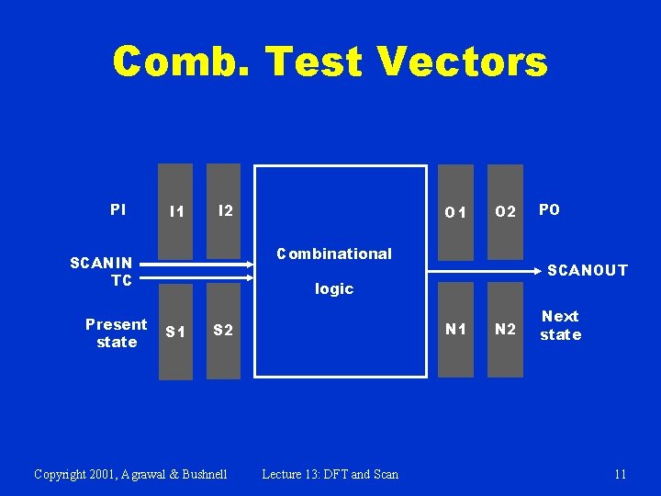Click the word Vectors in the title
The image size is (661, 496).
click(x=462, y=62)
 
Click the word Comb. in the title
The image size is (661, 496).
click(x=183, y=62)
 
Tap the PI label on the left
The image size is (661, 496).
click(x=118, y=210)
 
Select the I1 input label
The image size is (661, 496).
click(x=176, y=212)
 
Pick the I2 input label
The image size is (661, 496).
click(x=225, y=210)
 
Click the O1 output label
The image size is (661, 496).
click(x=455, y=212)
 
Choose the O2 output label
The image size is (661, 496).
click(x=505, y=212)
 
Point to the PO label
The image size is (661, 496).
click(x=549, y=210)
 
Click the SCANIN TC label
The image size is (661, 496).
click(x=102, y=272)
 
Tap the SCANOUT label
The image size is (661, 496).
click(x=588, y=270)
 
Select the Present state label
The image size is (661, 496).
click(x=116, y=333)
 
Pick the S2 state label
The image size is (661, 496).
click(x=223, y=330)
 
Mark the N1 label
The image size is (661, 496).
click(x=455, y=329)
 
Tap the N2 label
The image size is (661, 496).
click(x=505, y=330)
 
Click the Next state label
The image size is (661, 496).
click(x=560, y=325)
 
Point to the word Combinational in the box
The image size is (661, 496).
click(x=334, y=254)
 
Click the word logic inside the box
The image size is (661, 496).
click(x=334, y=288)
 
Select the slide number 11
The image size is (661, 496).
click(x=621, y=474)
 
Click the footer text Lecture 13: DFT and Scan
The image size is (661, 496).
click(x=330, y=474)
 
